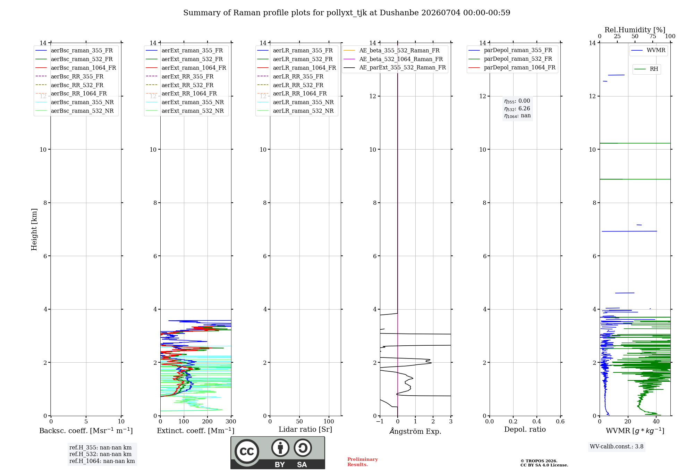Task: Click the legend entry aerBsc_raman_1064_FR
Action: pyautogui.click(x=76, y=68)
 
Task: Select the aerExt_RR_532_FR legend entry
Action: pyautogui.click(x=180, y=85)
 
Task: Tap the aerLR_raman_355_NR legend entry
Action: pyautogui.click(x=295, y=102)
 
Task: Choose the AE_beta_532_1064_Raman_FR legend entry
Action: pyautogui.click(x=393, y=59)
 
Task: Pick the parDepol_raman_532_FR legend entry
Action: pyautogui.click(x=510, y=59)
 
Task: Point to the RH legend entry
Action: pyautogui.click(x=646, y=69)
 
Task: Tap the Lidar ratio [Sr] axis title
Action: pyautogui.click(x=305, y=429)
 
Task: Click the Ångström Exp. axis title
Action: pyautogui.click(x=415, y=431)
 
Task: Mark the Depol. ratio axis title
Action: pyautogui.click(x=525, y=429)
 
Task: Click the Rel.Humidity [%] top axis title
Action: pyautogui.click(x=635, y=30)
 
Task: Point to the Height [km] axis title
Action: pyautogui.click(x=34, y=229)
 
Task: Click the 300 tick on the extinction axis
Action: pyautogui.click(x=231, y=422)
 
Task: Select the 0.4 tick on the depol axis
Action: pyautogui.click(x=537, y=422)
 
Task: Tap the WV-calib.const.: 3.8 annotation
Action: pyautogui.click(x=617, y=447)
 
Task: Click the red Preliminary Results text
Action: pyautogui.click(x=363, y=462)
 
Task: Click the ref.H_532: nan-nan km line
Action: pyautogui.click(x=100, y=454)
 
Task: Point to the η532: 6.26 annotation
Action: pyautogui.click(x=517, y=109)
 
